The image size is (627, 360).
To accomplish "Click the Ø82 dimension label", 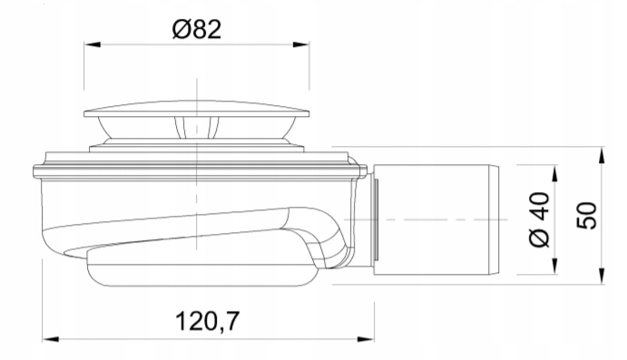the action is (x=196, y=30).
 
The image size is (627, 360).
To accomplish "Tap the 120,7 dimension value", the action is (x=207, y=320).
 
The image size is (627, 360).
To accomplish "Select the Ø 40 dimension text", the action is (x=539, y=219).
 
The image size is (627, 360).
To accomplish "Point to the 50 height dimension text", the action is (x=587, y=216).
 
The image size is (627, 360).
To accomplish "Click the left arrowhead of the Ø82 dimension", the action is (x=92, y=44).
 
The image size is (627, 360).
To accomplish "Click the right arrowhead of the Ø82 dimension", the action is (x=301, y=44).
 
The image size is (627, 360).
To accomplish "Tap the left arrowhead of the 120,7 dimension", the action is (x=51, y=339).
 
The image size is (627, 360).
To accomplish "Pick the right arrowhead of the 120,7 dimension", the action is (x=366, y=339).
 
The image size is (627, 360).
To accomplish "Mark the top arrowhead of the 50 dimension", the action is (x=602, y=155).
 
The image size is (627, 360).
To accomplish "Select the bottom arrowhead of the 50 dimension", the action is (x=602, y=277).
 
